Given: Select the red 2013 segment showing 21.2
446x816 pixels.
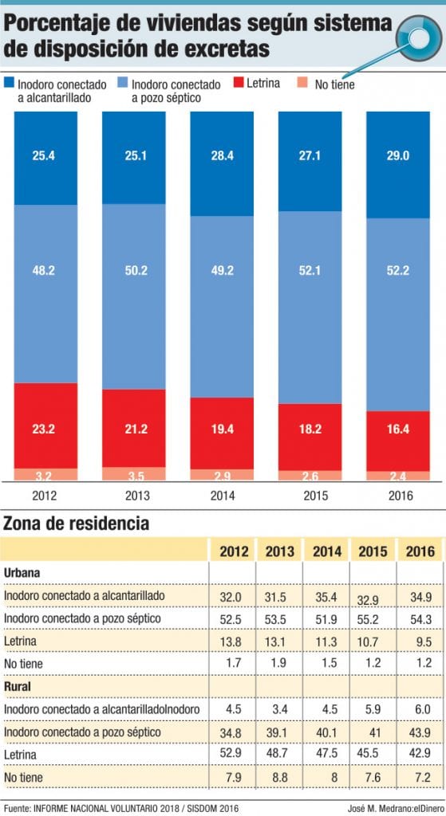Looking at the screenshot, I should [133, 428].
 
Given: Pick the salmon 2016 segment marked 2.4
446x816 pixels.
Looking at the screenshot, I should [397, 476].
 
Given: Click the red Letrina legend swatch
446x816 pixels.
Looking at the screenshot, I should [241, 82].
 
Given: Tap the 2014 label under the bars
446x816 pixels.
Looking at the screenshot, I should [221, 494].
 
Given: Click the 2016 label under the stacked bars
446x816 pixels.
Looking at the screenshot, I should [397, 494].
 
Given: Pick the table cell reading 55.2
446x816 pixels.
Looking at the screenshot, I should [373, 618].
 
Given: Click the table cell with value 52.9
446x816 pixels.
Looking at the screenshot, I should [232, 754].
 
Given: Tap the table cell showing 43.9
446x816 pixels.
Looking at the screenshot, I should [420, 732].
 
